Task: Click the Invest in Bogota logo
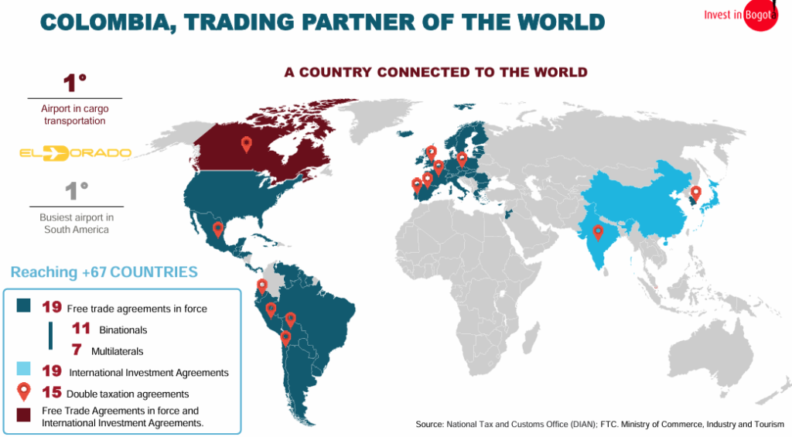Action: coord(739,15)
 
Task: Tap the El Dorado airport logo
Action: coord(75,152)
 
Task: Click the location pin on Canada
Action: coord(247,143)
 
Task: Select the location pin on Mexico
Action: coord(218,229)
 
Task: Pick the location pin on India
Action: coord(598,231)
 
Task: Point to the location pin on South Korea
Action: coord(695,193)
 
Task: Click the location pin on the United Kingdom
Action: coord(431,152)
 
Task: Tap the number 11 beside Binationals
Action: coord(81,329)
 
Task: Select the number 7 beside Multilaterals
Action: coord(77,350)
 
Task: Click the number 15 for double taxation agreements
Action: coord(52,393)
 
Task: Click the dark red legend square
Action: coord(23,416)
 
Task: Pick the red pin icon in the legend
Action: coord(23,392)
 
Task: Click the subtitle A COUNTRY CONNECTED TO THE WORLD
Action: coord(435,73)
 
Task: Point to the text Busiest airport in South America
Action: coord(76,224)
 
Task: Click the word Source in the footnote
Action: coord(429,424)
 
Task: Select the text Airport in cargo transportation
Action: coord(75,115)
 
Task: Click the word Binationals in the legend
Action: coord(123,329)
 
